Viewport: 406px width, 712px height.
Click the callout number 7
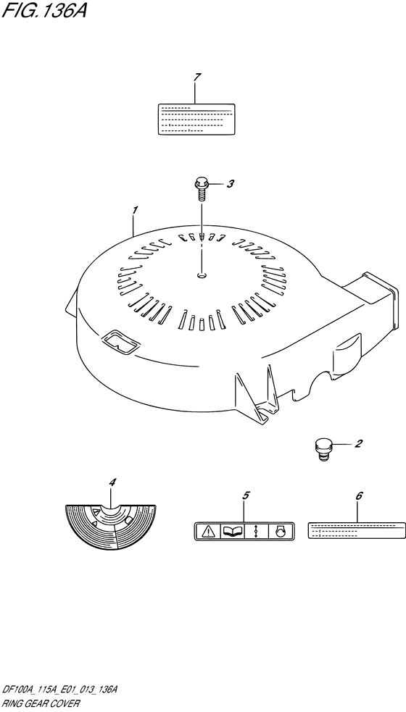(x=196, y=78)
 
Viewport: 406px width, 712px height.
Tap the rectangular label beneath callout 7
(x=196, y=119)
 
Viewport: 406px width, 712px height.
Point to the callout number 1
(x=135, y=211)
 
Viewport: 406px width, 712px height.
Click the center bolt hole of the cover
(x=202, y=275)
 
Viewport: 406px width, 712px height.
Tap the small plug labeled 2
(x=322, y=450)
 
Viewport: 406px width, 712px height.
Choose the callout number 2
(x=358, y=443)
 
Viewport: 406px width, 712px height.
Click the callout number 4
(x=112, y=482)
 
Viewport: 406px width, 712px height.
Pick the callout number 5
(x=246, y=495)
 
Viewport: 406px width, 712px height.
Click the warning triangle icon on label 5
(x=208, y=531)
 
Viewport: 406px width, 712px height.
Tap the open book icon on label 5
(x=232, y=531)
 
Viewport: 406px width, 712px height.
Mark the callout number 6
(x=359, y=496)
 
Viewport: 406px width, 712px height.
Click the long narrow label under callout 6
(x=357, y=530)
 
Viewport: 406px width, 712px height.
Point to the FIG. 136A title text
(x=44, y=11)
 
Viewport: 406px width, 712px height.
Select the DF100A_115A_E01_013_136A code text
(x=60, y=691)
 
